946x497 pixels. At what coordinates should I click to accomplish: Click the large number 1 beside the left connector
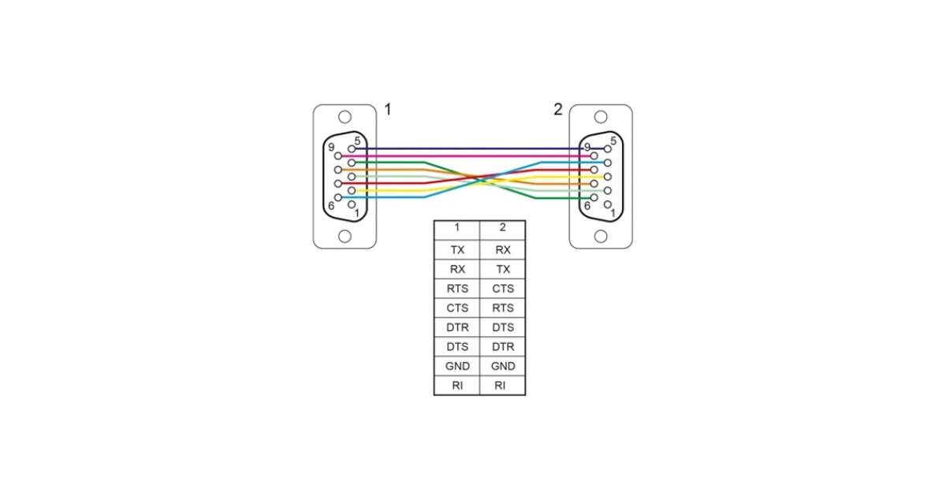[x=387, y=109]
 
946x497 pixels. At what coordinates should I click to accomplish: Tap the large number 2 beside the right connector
[x=558, y=109]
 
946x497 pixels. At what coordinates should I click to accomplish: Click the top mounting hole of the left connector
[x=345, y=118]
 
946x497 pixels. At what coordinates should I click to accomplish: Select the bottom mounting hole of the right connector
[x=601, y=236]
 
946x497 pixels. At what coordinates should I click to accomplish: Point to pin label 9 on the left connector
[x=331, y=147]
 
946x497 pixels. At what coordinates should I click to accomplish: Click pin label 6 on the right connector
[x=587, y=205]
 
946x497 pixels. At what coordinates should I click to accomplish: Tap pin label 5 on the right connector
[x=613, y=141]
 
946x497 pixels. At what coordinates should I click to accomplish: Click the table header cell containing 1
[x=456, y=228]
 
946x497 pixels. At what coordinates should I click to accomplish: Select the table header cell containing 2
[x=502, y=228]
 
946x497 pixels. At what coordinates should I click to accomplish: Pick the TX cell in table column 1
[x=456, y=250]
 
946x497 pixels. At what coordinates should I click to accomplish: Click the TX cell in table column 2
[x=502, y=269]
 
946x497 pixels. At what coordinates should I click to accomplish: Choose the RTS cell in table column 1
[x=456, y=289]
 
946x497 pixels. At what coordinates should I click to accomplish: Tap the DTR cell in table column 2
[x=502, y=346]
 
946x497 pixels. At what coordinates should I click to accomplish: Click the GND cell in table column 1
[x=456, y=366]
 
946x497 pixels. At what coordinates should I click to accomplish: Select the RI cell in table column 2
[x=502, y=386]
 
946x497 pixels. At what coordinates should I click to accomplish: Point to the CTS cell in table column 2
[x=502, y=289]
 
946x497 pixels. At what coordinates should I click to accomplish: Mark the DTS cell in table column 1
[x=456, y=346]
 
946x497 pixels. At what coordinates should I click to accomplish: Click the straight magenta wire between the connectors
[x=473, y=155]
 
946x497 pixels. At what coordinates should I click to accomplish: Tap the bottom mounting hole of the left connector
[x=345, y=236]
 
